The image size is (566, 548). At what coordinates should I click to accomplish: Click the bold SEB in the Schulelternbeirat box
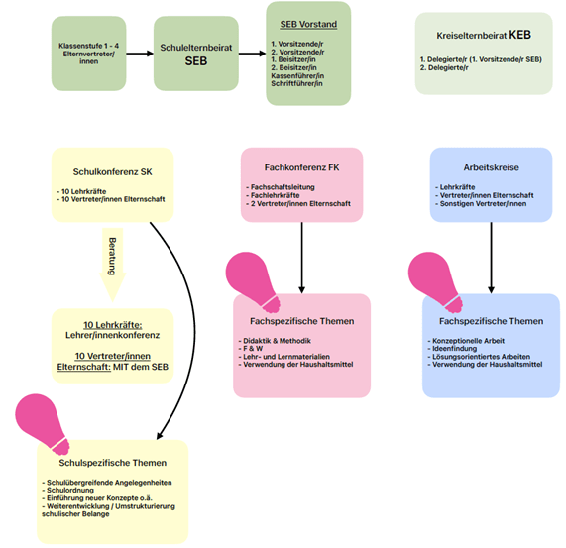click(x=196, y=61)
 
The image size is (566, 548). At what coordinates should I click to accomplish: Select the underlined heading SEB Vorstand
click(x=308, y=24)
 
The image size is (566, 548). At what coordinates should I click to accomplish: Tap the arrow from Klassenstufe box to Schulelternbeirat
click(x=140, y=54)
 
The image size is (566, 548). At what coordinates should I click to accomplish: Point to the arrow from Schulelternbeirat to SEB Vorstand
click(x=253, y=54)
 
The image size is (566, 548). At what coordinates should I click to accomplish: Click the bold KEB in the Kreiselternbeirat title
click(x=519, y=35)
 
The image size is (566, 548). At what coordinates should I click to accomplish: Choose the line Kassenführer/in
click(x=297, y=75)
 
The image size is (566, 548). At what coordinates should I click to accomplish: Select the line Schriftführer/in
click(x=296, y=83)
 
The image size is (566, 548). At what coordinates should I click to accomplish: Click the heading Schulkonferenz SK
click(x=113, y=172)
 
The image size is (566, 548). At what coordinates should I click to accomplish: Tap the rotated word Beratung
click(x=112, y=256)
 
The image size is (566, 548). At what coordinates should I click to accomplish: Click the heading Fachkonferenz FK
click(x=301, y=167)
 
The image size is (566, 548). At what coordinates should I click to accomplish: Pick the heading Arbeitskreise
click(x=491, y=167)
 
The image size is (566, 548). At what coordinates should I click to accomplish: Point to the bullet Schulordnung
click(x=67, y=490)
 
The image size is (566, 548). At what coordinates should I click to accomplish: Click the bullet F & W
click(x=251, y=349)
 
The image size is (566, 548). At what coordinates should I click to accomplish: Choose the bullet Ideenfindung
click(x=452, y=349)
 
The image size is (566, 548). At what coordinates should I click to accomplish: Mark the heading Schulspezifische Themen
click(x=113, y=463)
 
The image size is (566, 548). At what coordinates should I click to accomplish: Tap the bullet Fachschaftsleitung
click(x=281, y=187)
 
